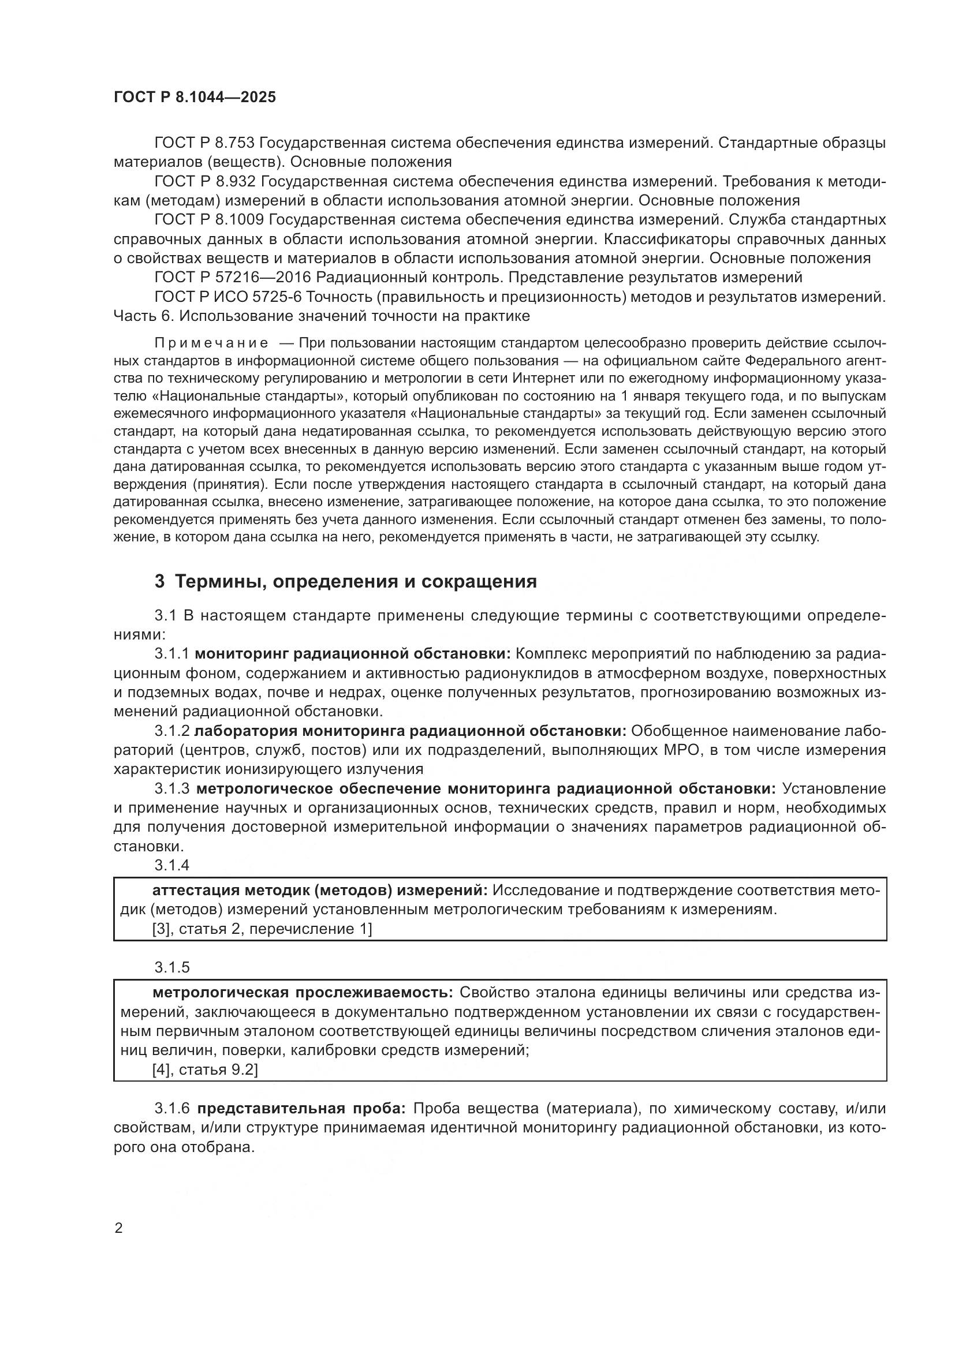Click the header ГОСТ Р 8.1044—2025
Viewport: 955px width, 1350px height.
click(x=194, y=98)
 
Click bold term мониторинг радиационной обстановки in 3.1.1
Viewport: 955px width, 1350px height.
click(x=353, y=654)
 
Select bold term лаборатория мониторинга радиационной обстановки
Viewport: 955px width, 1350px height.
click(x=410, y=731)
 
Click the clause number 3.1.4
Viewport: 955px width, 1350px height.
click(x=171, y=865)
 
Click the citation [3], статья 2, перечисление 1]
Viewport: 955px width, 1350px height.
click(x=262, y=929)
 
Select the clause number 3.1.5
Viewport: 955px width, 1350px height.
click(x=171, y=967)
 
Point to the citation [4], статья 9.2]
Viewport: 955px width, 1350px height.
click(x=204, y=1069)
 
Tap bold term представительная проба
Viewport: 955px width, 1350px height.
click(x=300, y=1109)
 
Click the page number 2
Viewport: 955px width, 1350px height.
click(x=119, y=1228)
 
